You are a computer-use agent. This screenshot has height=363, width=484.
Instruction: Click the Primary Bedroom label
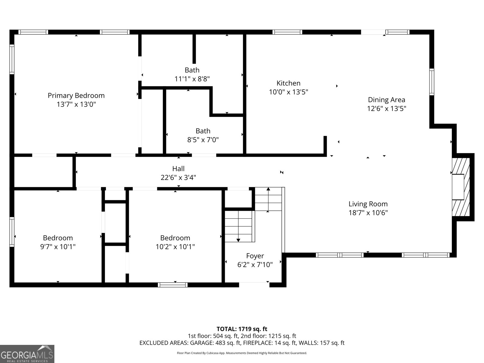coord(76,96)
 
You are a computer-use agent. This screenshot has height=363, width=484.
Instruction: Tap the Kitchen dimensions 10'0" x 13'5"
coord(288,92)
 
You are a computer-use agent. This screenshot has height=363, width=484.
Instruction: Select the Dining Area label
coord(386,100)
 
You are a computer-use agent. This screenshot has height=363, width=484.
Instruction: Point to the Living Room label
coord(368,204)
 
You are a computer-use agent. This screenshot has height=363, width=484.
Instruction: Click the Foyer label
coord(255,256)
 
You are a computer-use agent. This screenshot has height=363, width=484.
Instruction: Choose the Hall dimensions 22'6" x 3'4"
coord(178,178)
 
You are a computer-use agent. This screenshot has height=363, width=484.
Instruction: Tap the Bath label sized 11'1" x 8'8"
coord(192,70)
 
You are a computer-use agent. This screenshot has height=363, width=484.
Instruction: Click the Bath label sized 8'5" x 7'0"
coord(203,131)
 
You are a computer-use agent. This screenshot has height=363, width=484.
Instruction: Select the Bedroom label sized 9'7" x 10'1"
coord(58,238)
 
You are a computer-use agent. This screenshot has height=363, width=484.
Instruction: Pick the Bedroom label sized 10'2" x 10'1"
coord(175,238)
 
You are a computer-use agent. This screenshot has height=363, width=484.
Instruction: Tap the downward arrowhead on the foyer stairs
coord(238,240)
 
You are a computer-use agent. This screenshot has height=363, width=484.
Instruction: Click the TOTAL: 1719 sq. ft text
coord(242,329)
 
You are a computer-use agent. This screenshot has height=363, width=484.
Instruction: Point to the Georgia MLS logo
coord(27,354)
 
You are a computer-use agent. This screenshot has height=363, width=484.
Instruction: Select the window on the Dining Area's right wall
coord(432,82)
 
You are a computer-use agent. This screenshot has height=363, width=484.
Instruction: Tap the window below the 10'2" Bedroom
coord(173,285)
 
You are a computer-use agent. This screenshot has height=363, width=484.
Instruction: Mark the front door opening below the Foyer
coord(254,285)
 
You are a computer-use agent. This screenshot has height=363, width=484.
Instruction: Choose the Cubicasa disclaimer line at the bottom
coord(242,353)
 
